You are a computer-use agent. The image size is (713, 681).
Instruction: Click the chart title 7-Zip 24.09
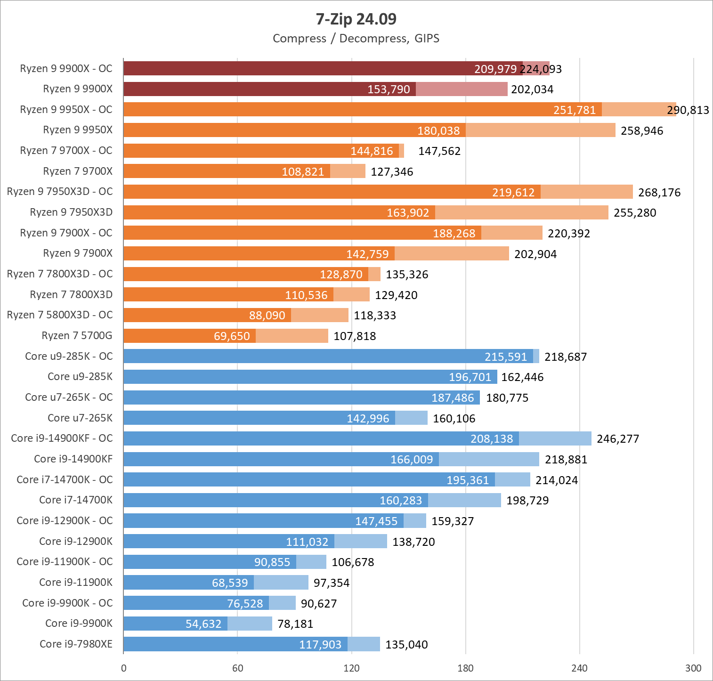(x=356, y=19)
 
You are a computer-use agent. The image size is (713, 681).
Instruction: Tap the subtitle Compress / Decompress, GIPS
(x=356, y=39)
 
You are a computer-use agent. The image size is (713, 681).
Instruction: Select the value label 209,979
(x=495, y=69)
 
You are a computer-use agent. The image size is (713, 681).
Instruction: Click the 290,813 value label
(x=688, y=110)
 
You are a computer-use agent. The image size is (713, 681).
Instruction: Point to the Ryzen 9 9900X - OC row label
(x=66, y=69)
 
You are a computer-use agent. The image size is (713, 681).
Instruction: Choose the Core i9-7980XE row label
(x=76, y=644)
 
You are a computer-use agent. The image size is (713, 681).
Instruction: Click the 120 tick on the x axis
(x=351, y=668)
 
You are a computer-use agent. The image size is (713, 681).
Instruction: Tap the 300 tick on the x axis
(x=693, y=668)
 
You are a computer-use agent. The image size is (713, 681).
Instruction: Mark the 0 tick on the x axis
(x=124, y=668)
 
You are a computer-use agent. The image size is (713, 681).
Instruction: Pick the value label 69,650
(x=232, y=336)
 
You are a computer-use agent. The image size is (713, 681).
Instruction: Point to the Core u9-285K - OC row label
(x=69, y=357)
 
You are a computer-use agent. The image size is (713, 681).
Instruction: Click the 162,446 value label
(x=522, y=377)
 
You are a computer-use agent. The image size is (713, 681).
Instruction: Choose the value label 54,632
(x=203, y=624)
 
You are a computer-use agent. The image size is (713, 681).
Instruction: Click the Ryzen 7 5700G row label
(x=77, y=336)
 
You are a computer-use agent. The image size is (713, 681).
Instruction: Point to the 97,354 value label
(x=332, y=583)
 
